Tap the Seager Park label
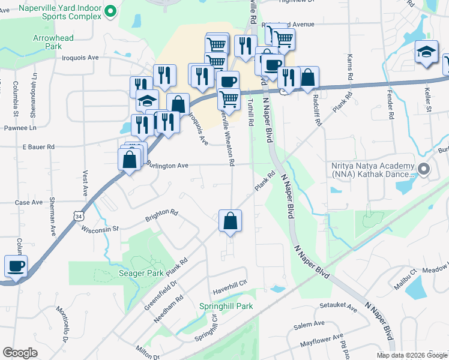click(x=147, y=273)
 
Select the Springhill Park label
click(x=226, y=306)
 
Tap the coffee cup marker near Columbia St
click(x=16, y=266)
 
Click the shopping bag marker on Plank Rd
click(x=231, y=221)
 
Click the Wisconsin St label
click(x=100, y=229)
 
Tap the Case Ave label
click(x=29, y=203)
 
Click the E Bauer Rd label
click(x=38, y=146)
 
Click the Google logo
click(x=20, y=352)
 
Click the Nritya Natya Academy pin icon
click(x=424, y=170)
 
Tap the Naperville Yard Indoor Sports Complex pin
click(x=110, y=11)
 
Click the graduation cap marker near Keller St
click(x=426, y=53)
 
